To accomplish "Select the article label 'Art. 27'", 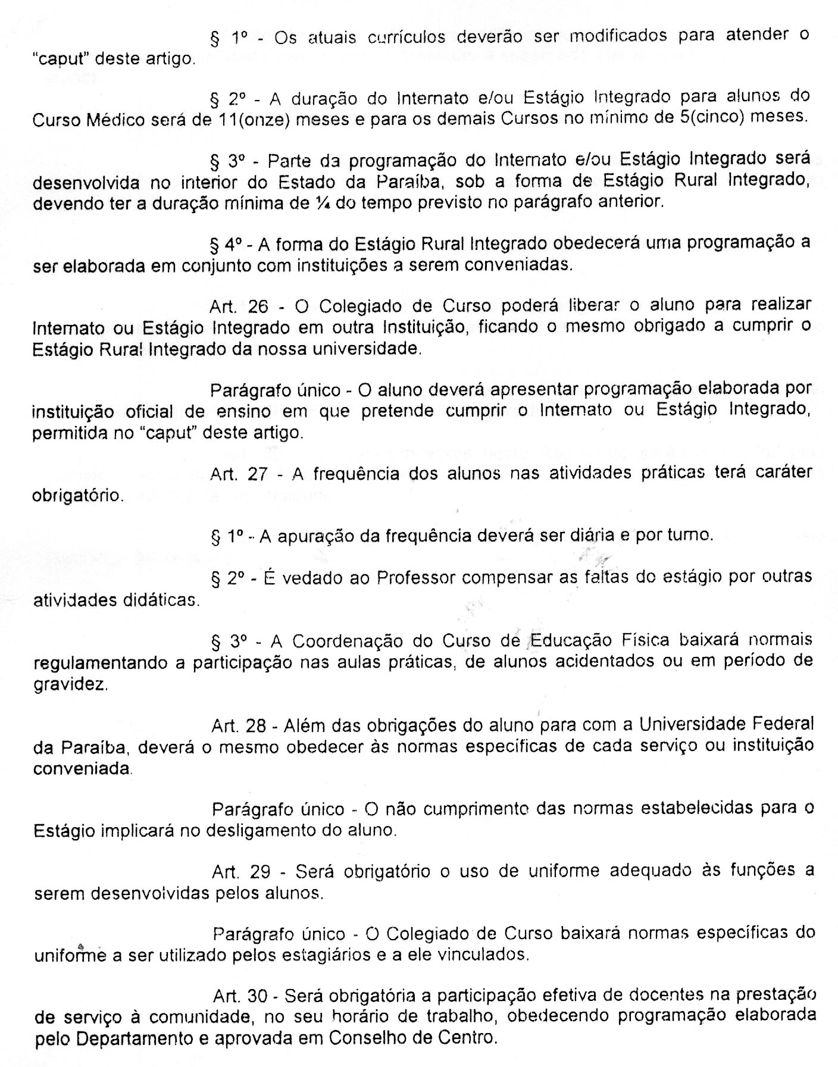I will [239, 474].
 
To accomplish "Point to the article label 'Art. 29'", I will [241, 872].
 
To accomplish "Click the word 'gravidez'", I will [71, 684].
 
